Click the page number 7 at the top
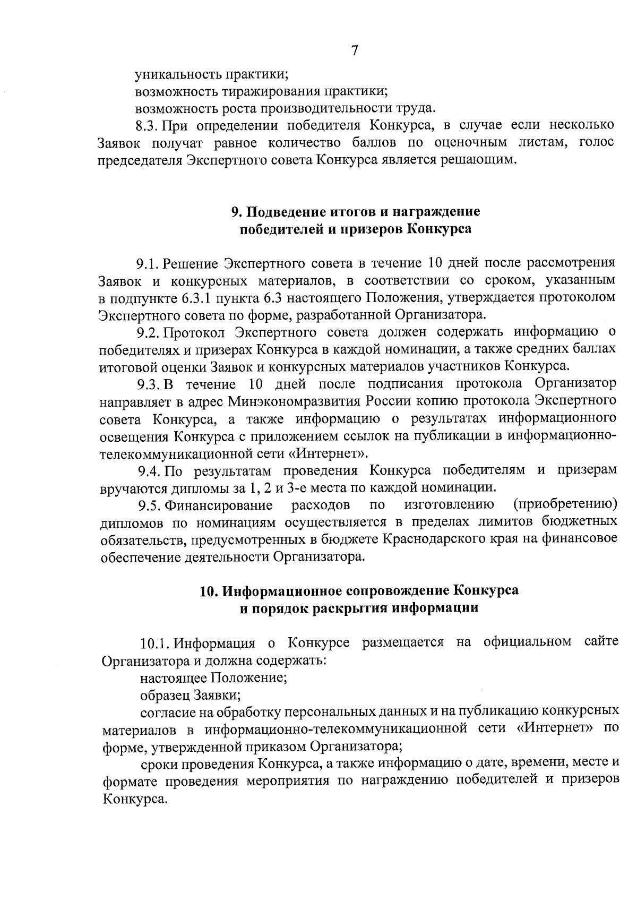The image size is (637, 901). [x=355, y=51]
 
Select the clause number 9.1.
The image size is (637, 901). [x=148, y=263]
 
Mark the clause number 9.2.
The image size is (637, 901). [x=148, y=333]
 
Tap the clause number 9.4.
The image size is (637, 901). [x=149, y=470]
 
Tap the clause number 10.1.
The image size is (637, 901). [x=154, y=643]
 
